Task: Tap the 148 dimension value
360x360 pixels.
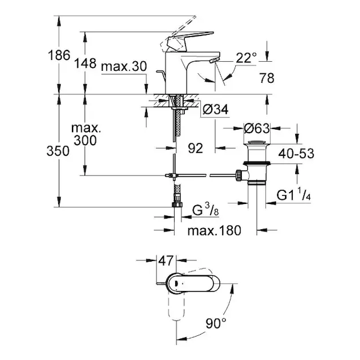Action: click(x=86, y=62)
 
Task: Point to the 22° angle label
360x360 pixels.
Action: click(x=247, y=57)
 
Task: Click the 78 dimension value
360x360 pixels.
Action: click(x=268, y=77)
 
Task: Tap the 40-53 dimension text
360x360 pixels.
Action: click(x=295, y=153)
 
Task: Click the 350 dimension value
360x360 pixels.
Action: click(x=45, y=152)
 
